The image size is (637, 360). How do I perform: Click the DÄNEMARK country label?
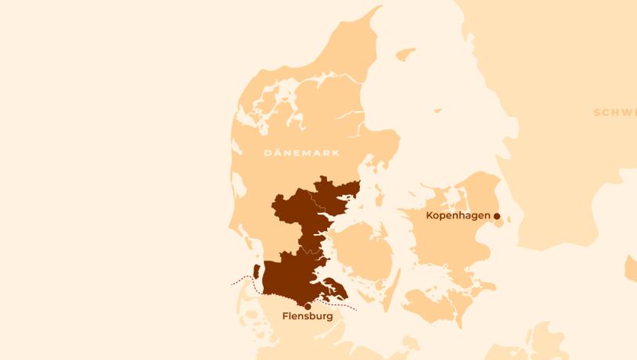302,153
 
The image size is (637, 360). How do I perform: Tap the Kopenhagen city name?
458,215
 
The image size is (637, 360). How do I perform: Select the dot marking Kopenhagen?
497,216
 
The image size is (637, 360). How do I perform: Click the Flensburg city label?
308,317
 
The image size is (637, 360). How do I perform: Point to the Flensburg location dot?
308,306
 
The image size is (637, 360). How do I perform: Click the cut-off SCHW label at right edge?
615,113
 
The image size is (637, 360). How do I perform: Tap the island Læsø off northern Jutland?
405,54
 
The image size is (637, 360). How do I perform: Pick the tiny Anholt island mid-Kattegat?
438,111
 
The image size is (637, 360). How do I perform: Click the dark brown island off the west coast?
257,271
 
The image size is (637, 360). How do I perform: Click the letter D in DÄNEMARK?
268,153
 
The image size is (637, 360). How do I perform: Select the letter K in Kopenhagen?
430,215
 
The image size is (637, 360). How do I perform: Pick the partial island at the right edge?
631,268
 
